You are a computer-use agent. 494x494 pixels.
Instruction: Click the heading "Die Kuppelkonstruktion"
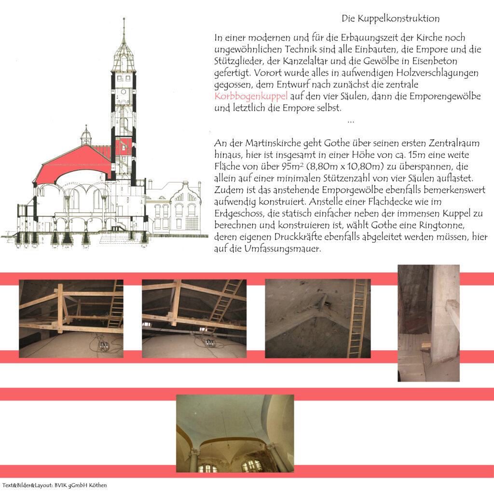pyautogui.click(x=391, y=19)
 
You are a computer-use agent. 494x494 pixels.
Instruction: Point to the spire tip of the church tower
pyautogui.click(x=123, y=20)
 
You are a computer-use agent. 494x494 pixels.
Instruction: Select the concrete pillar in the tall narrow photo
pyautogui.click(x=444, y=314)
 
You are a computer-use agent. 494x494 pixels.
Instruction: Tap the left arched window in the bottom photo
pyautogui.click(x=207, y=467)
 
